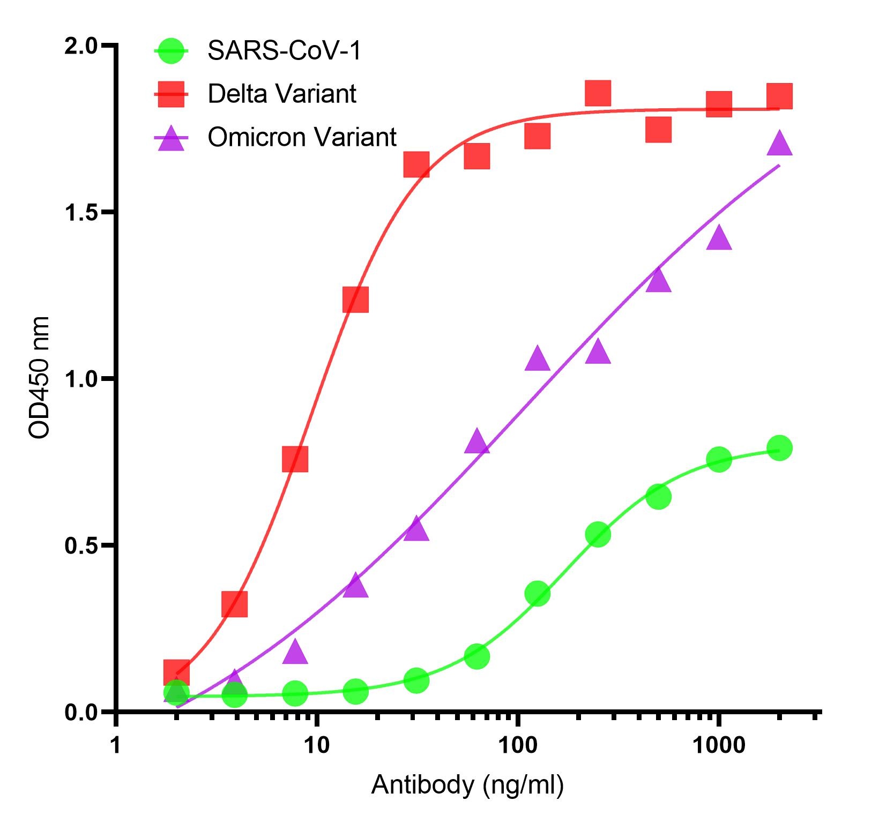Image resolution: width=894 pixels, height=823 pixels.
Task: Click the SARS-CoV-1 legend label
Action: tap(285, 51)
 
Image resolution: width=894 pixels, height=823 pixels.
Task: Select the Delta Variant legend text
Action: tap(282, 94)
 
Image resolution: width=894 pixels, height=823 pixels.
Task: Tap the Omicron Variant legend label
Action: tap(302, 137)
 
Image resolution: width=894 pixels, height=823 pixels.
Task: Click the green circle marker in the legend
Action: tap(171, 51)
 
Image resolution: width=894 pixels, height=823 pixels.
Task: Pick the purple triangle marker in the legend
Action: tap(171, 138)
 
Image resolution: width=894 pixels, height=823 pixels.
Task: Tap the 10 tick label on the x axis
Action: tap(317, 745)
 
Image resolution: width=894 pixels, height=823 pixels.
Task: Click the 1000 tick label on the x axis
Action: tap(718, 745)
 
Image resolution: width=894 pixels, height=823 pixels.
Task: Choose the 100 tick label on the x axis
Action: tap(517, 745)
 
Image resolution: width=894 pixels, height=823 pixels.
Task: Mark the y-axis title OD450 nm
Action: tap(39, 378)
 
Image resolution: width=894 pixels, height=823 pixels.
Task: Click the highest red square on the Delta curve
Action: tap(598, 94)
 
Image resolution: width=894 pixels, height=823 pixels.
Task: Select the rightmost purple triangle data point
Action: tap(779, 143)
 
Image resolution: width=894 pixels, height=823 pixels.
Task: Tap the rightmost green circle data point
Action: tap(779, 448)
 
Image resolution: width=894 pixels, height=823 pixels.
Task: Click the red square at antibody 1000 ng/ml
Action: tap(719, 103)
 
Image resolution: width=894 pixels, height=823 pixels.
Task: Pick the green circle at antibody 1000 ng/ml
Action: tap(719, 459)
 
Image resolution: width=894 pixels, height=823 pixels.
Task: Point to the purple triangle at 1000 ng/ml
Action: tap(719, 238)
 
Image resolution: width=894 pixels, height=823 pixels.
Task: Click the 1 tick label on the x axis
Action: tap(116, 745)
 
